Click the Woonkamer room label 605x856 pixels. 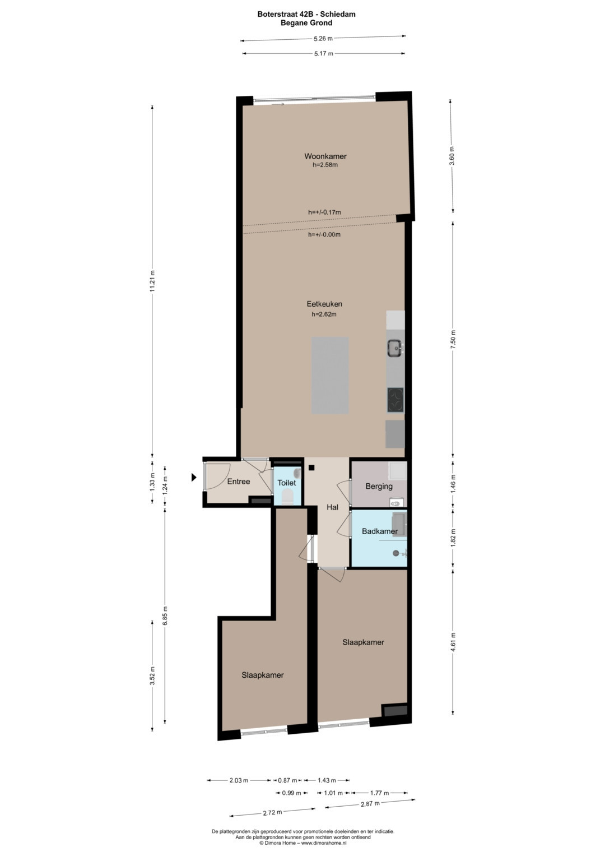[x=325, y=156]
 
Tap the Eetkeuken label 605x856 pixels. [x=324, y=304]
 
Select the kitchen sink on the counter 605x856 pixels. [x=395, y=348]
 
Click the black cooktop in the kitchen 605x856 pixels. [x=395, y=400]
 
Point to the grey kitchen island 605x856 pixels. [x=329, y=375]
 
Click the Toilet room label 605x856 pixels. [x=286, y=483]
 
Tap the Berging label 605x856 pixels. [x=379, y=486]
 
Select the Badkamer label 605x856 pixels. [x=380, y=531]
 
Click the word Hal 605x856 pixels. [x=332, y=507]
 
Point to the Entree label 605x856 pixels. [x=238, y=482]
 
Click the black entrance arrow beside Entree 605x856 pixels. [x=194, y=477]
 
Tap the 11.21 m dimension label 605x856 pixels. [x=152, y=281]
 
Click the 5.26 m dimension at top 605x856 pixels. [x=323, y=38]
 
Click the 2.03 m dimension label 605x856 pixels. [x=239, y=780]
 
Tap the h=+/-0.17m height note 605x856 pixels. [x=324, y=212]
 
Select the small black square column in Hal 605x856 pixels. [x=311, y=467]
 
